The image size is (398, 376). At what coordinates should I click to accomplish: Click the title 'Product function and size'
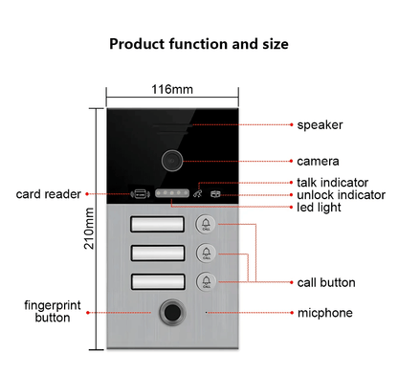(198, 43)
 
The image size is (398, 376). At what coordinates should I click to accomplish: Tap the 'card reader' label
(48, 194)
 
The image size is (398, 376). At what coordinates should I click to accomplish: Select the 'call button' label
(326, 282)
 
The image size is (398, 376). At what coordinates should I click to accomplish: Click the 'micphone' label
(325, 312)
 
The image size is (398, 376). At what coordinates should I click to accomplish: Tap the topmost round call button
(207, 225)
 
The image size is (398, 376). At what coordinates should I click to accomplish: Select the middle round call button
(207, 254)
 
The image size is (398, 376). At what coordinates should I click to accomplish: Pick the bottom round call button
(207, 281)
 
